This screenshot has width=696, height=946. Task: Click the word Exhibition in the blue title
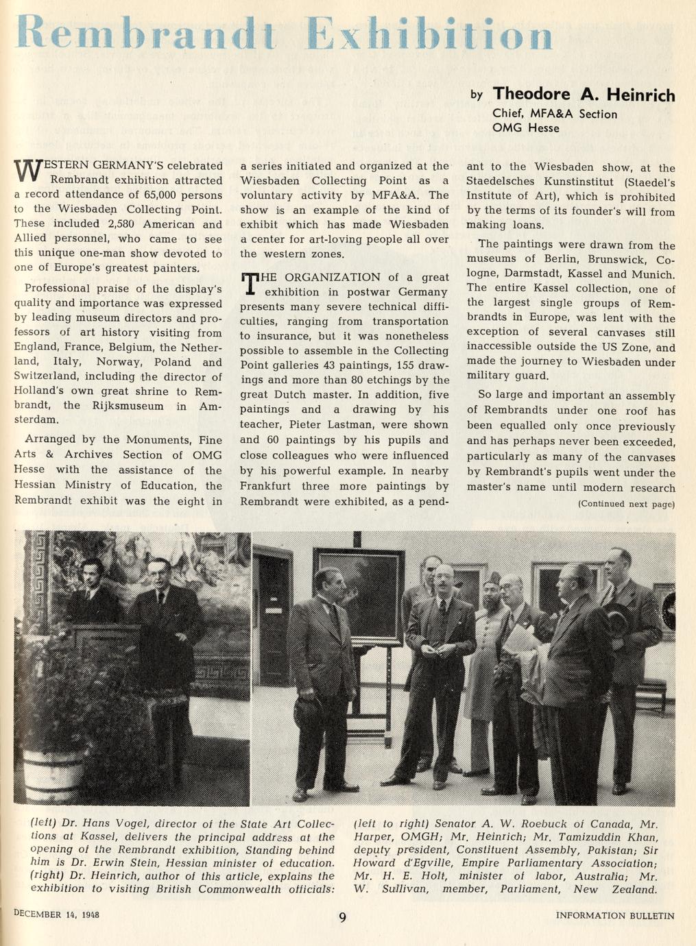pos(429,33)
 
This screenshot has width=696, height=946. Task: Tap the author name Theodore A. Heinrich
pos(584,94)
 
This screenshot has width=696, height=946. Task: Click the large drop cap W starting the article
pos(25,171)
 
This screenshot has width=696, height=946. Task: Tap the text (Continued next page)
pos(626,504)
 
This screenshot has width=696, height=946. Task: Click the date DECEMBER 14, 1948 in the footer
pos(57,914)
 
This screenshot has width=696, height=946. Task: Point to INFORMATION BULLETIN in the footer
pos(615,915)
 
